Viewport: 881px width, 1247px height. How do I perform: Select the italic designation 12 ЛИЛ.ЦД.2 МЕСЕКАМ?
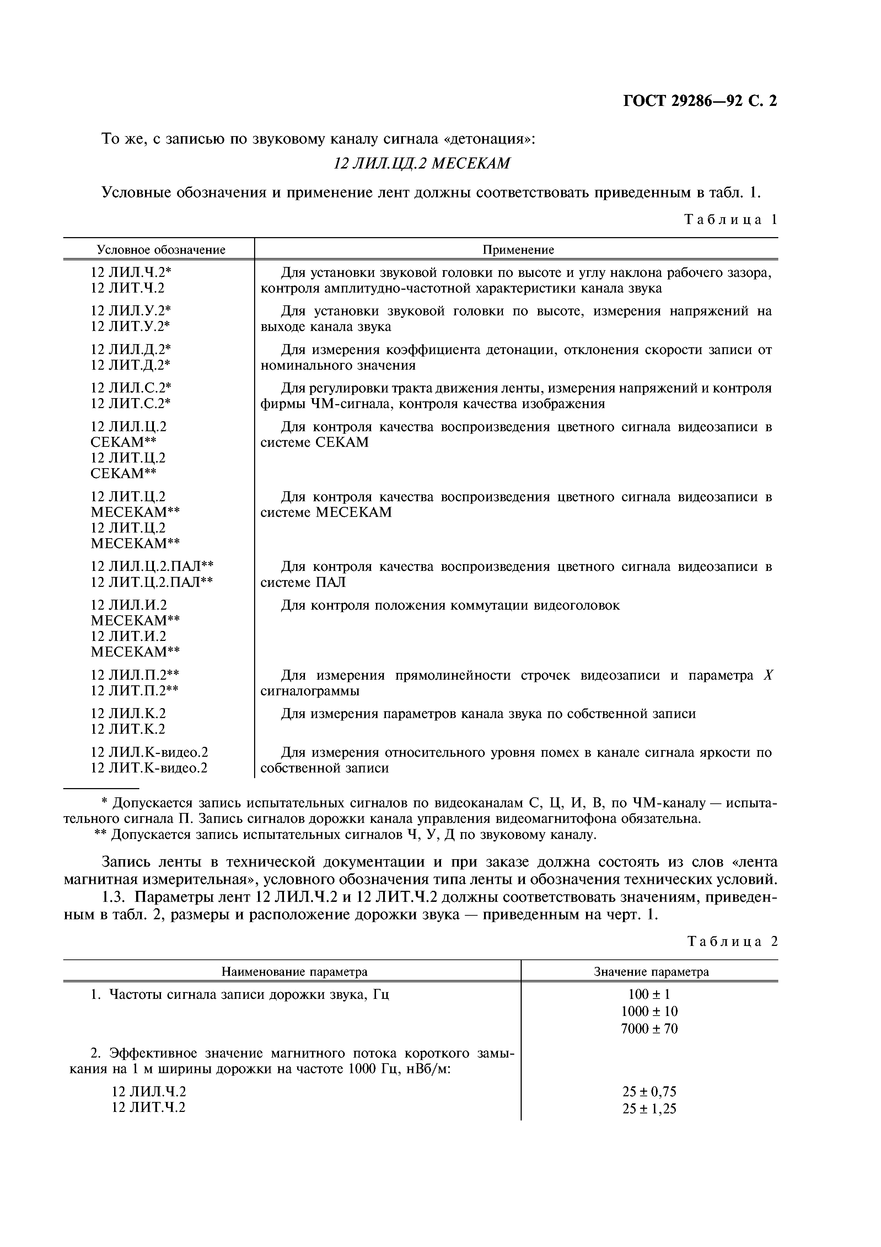tap(422, 164)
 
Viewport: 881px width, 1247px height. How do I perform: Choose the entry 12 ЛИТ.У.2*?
tap(131, 326)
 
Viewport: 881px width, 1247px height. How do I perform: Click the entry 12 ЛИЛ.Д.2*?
tap(131, 349)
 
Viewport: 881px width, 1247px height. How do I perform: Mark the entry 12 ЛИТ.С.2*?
tap(131, 403)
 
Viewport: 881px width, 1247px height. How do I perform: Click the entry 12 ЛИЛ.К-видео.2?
tap(149, 752)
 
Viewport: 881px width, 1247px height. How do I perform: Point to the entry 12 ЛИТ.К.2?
tap(128, 729)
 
